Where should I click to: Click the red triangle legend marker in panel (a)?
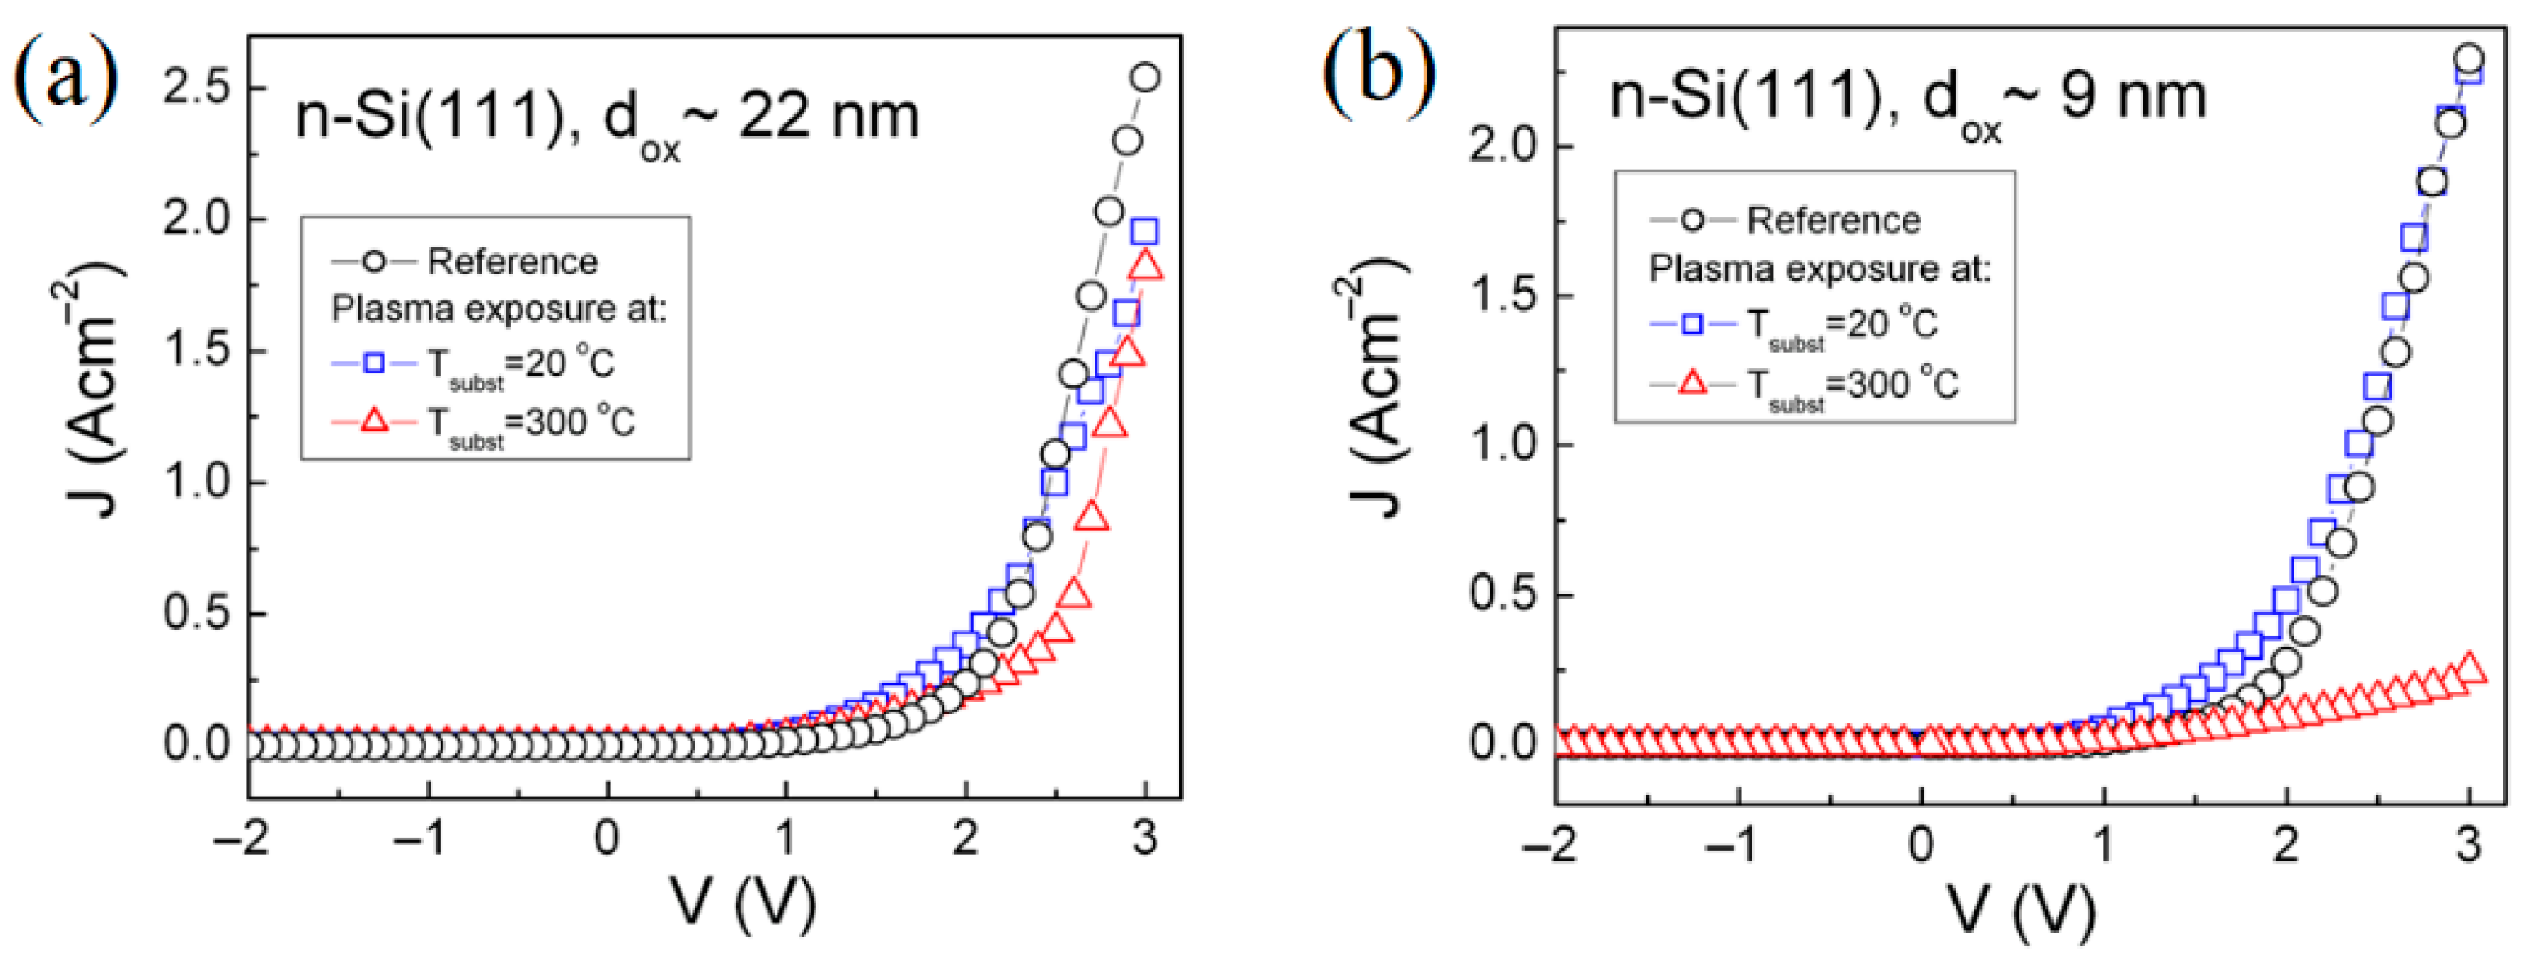click(375, 421)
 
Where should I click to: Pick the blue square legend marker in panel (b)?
click(1692, 323)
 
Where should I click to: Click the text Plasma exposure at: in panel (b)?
click(1819, 269)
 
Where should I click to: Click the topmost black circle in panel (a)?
click(1145, 78)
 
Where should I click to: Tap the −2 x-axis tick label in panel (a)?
click(242, 838)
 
